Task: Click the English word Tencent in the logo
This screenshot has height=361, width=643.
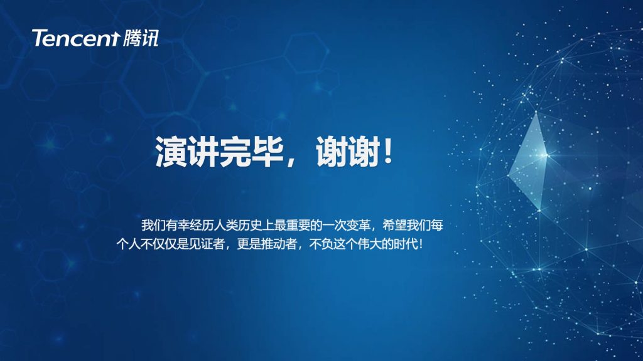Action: [76, 38]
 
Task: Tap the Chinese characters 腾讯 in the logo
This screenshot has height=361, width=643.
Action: [140, 38]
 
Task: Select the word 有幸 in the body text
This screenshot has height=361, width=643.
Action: [177, 225]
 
